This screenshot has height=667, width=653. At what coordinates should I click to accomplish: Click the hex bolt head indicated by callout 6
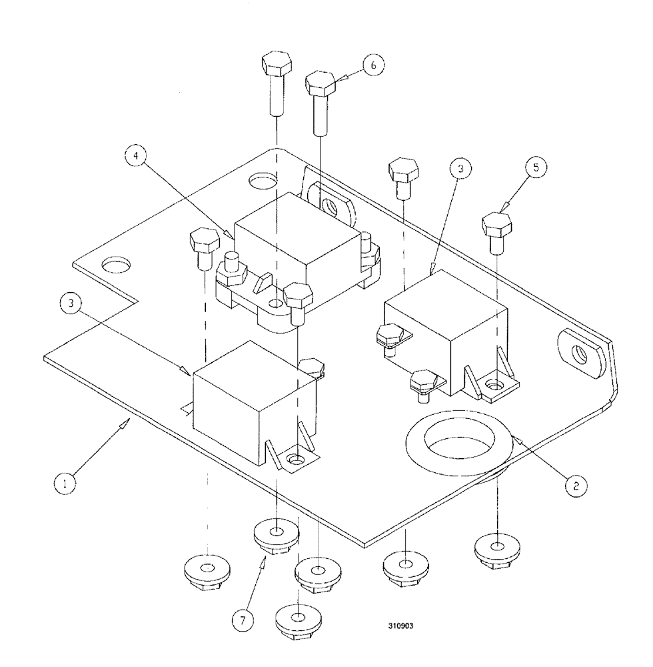[320, 84]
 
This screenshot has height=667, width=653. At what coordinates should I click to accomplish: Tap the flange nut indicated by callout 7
[276, 534]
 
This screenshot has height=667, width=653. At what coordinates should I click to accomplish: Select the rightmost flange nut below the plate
[497, 548]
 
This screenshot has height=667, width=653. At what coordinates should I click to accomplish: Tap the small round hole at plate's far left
[117, 265]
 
